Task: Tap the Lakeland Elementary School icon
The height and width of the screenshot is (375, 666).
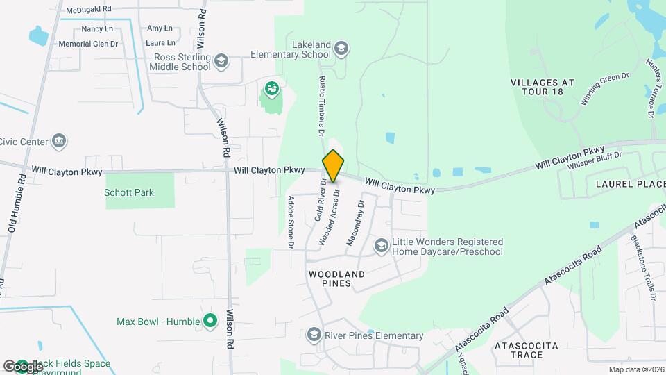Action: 341,48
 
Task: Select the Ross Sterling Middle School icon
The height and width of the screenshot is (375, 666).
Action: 221,61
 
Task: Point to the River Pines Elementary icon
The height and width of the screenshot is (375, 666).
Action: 315,335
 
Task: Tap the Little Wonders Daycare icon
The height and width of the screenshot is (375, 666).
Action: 381,245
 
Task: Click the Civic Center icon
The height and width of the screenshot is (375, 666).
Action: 59,142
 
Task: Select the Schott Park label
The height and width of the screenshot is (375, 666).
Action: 129,192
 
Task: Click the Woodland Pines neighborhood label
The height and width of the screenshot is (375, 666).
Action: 336,278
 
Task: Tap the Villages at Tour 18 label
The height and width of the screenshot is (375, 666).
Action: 543,87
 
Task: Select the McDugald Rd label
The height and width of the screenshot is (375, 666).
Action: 88,10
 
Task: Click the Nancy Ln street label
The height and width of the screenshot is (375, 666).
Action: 97,28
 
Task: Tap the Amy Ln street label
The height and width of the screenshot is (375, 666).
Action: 160,28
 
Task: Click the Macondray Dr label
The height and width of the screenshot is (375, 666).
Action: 355,224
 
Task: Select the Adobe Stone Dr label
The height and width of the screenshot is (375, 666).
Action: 291,222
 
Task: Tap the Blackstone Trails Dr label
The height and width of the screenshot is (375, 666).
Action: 643,267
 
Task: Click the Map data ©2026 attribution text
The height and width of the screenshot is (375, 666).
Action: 635,369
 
